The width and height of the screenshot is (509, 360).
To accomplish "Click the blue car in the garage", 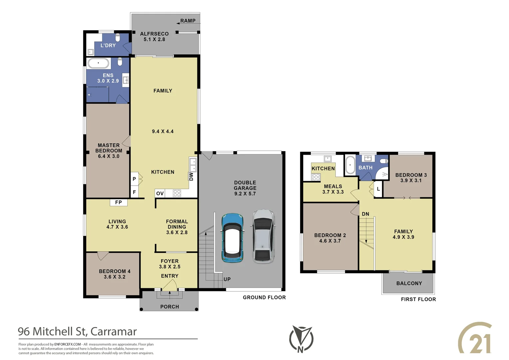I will tap(232, 237).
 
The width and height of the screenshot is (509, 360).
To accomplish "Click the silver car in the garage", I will tap(263, 236).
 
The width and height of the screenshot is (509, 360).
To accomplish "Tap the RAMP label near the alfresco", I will tap(188, 21).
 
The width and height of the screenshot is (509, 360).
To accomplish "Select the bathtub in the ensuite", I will tap(98, 63).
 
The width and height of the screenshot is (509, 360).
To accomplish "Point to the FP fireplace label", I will tap(118, 202).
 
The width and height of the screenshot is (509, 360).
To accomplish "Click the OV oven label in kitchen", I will tap(160, 193).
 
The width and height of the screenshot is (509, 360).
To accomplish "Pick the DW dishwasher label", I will tap(191, 176).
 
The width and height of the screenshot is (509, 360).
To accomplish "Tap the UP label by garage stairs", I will tap(227, 279).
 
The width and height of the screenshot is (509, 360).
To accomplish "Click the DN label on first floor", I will tap(365, 214).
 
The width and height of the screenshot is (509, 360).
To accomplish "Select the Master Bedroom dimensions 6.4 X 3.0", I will tap(109, 156).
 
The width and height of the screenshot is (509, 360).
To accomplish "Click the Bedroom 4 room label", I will tap(115, 271).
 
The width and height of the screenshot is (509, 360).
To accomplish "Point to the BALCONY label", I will tap(409, 283).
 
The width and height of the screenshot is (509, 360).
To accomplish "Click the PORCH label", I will tap(170, 307).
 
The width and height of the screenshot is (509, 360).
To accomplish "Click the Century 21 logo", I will tap(475, 338).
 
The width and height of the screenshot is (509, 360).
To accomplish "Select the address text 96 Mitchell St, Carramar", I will tap(77, 331).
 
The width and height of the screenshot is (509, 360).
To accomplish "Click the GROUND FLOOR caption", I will tap(264, 297).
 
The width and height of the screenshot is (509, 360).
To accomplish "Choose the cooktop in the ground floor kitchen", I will tap(177, 193).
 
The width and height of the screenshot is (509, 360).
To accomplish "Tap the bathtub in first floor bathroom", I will tap(350, 165).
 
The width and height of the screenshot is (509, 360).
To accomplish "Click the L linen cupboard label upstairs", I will tap(378, 189).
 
